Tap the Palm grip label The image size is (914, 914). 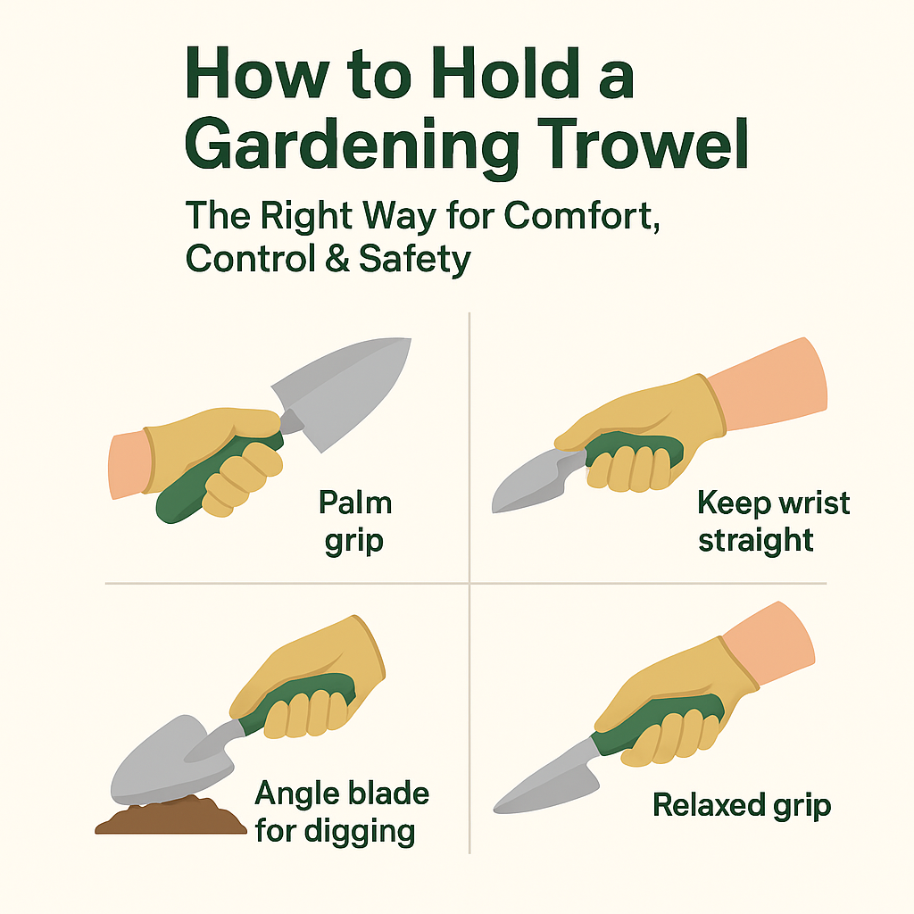tap(355, 522)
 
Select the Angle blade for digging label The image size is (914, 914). tap(342, 811)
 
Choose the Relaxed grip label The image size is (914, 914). tap(742, 806)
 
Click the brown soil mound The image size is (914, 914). tap(170, 818)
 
